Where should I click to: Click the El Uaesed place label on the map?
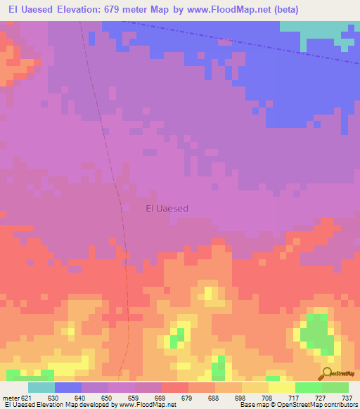point(167,208)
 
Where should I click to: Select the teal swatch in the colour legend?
point(41,387)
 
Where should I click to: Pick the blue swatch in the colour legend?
point(67,387)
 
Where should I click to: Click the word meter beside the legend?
point(11,397)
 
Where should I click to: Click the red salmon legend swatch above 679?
point(174,387)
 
